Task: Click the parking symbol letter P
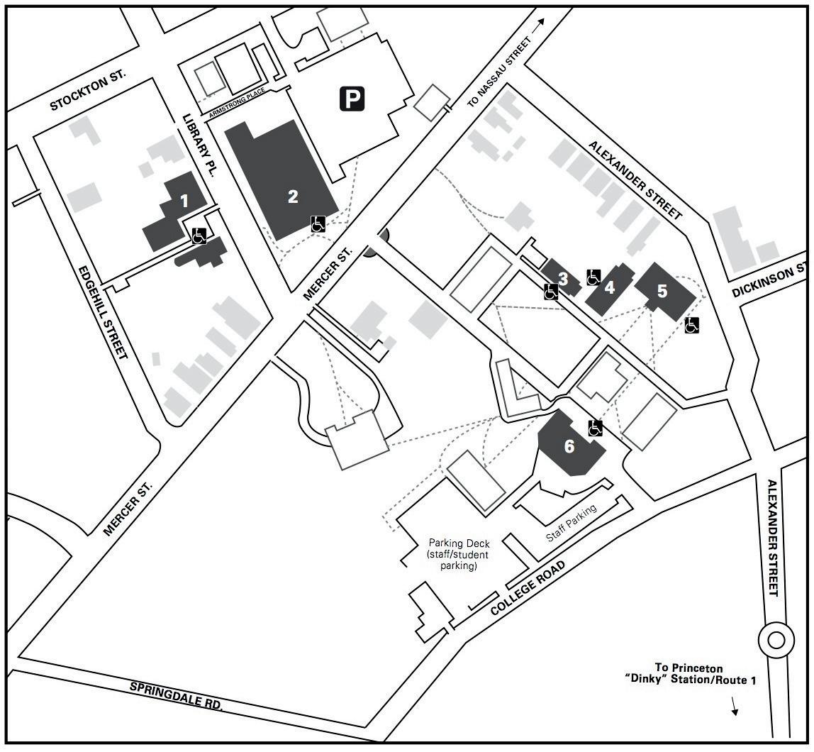pos(352,99)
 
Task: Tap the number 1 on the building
pos(184,201)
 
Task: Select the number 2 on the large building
pos(293,197)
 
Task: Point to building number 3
pos(563,279)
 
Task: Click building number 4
pos(609,287)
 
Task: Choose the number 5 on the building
pos(662,291)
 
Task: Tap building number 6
pos(569,446)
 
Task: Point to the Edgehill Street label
pos(102,312)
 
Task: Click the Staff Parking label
pos(572,524)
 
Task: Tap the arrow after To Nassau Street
pos(542,23)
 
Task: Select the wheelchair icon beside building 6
pos(596,428)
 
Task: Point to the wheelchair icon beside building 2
pos(318,224)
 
